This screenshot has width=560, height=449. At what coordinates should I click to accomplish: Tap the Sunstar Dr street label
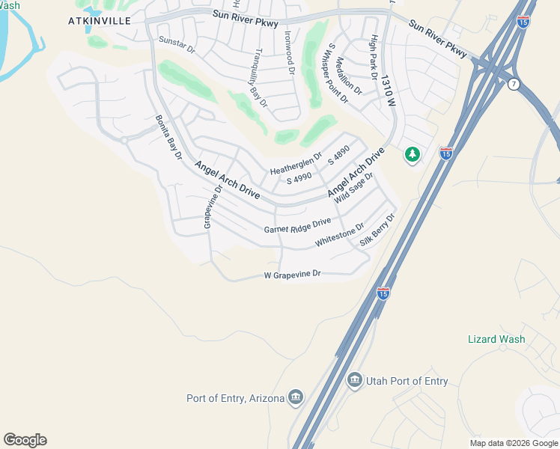177,46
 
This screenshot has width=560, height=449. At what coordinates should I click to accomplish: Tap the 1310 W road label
387,92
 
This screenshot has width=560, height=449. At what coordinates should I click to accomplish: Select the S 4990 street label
299,179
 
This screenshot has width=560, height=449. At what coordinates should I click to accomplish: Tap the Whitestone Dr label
339,236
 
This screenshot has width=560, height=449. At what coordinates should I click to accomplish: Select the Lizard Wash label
496,339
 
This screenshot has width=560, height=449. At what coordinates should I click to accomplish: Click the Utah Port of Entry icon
355,381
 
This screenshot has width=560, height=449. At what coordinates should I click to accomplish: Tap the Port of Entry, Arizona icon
296,397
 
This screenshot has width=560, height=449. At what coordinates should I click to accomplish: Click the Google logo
25,440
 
